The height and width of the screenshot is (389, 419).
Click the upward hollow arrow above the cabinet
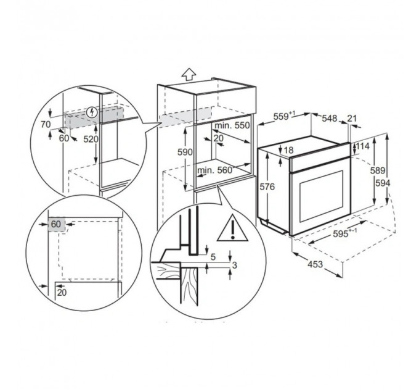point(189,73)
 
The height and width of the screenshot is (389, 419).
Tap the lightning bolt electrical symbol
point(92,112)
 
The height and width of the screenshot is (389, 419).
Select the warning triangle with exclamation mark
point(232,228)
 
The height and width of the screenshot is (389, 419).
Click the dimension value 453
point(315,264)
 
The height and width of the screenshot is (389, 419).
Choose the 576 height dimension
point(267,186)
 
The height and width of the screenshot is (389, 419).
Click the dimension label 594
point(383,183)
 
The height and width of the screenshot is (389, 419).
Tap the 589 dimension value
point(377,170)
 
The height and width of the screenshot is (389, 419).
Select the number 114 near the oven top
point(362,146)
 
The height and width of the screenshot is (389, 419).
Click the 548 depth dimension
point(329,119)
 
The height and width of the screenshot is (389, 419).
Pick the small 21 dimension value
point(352,118)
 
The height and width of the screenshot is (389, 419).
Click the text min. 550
point(232,125)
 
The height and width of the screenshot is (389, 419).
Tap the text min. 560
point(214,170)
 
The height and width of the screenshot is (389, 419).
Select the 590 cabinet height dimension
point(185,152)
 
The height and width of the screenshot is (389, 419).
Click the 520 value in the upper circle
point(91,139)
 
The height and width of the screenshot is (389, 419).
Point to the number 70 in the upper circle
point(46,124)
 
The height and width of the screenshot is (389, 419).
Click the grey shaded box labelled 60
point(57,224)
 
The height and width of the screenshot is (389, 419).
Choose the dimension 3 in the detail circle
point(234,266)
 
